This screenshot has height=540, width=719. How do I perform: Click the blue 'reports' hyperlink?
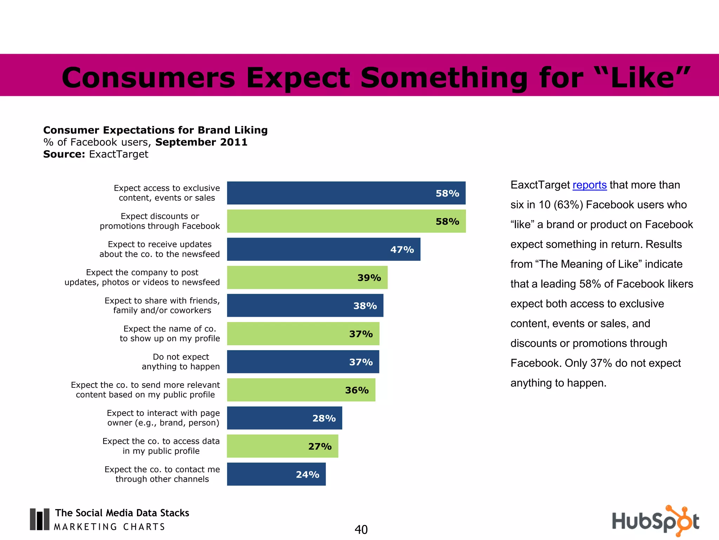[589, 185]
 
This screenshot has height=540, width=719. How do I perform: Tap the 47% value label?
[402, 250]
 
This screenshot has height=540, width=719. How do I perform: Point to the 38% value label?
[365, 306]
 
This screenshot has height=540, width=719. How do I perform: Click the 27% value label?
[320, 446]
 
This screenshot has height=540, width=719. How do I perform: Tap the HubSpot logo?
[655, 521]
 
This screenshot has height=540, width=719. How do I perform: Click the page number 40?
[361, 529]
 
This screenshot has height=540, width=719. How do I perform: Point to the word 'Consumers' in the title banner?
[148, 78]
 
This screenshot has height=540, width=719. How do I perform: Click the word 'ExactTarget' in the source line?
[119, 154]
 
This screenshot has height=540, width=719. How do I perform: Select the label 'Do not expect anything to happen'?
[181, 362]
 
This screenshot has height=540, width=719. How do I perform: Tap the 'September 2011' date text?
[201, 142]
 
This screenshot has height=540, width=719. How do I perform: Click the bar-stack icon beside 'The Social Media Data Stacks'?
[39, 519]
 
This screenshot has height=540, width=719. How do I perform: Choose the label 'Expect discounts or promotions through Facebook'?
[160, 221]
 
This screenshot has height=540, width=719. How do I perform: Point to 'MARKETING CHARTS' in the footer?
[109, 527]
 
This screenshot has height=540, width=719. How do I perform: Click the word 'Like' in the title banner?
[642, 78]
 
